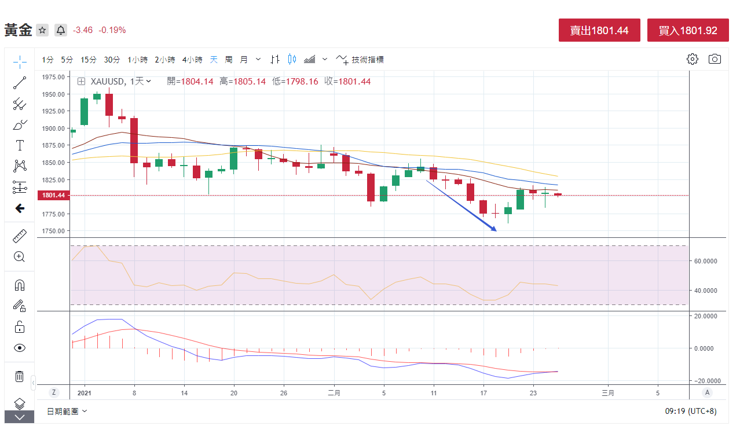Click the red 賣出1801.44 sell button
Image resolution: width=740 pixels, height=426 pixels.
click(599, 31)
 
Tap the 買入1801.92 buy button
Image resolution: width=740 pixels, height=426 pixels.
click(688, 31)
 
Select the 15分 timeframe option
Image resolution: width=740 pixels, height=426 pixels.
click(89, 59)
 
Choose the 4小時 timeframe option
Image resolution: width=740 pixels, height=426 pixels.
click(192, 59)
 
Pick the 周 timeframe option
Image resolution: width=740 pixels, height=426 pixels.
click(229, 59)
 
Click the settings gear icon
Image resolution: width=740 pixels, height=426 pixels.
click(693, 59)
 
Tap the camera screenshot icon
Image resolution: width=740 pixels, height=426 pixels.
click(715, 59)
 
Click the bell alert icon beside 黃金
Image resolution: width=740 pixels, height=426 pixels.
click(60, 30)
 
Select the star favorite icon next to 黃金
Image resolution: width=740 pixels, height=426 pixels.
click(42, 30)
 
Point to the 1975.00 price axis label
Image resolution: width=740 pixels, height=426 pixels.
click(53, 77)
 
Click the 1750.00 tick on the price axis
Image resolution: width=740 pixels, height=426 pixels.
click(53, 232)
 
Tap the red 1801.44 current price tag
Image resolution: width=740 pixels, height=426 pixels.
click(53, 196)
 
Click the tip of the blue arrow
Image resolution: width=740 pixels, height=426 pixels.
click(496, 231)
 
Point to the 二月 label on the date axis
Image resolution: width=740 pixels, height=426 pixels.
click(334, 392)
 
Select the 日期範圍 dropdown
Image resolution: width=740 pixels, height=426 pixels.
click(67, 411)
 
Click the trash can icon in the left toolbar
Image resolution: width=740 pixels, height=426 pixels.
click(20, 376)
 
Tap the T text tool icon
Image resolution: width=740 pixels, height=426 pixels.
click(20, 145)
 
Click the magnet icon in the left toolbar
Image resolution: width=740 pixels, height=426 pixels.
click(20, 285)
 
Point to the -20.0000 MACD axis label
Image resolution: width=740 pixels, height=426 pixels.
click(705, 380)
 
